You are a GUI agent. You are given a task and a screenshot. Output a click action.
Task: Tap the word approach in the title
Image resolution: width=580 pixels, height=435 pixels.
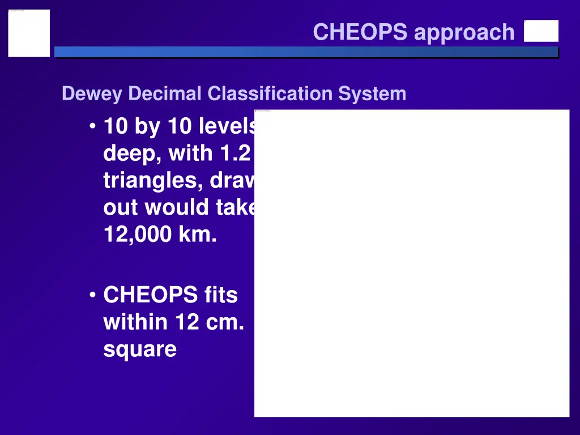(x=464, y=33)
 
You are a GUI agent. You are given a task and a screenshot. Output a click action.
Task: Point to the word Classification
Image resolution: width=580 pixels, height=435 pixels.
(x=271, y=93)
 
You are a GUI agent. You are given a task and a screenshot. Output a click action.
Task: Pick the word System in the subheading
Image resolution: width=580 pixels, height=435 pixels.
(x=372, y=93)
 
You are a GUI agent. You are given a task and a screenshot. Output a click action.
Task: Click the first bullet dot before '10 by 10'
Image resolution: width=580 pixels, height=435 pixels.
(x=92, y=126)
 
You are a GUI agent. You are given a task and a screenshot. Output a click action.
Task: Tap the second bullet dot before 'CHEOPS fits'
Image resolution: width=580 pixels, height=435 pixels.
(x=92, y=295)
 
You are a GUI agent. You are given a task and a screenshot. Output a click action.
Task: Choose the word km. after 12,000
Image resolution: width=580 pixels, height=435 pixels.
(x=198, y=234)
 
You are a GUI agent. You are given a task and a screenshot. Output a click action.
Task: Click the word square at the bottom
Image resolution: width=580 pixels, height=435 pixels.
(x=140, y=349)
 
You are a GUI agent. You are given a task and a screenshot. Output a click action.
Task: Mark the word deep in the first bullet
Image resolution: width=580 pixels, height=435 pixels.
(x=131, y=153)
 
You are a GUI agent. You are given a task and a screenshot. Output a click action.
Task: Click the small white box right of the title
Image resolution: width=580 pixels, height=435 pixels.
(x=541, y=31)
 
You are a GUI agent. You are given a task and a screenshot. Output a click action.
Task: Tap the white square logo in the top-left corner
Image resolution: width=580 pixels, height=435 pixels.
(x=29, y=33)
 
